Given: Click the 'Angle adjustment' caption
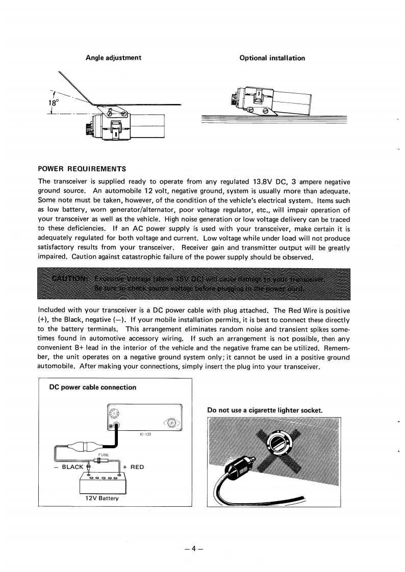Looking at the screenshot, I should click(x=113, y=58).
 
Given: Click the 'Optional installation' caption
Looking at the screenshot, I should click(x=272, y=58).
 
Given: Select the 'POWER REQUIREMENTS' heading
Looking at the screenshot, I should click(x=82, y=169).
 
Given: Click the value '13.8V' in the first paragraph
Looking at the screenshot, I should click(x=265, y=181).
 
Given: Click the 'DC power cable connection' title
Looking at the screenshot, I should click(x=92, y=387).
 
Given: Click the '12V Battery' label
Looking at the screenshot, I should click(x=102, y=498).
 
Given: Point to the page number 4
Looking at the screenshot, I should click(x=193, y=549).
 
